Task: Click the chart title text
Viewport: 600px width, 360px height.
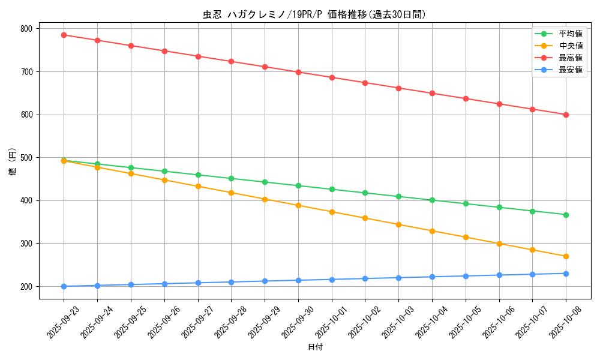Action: [314, 15]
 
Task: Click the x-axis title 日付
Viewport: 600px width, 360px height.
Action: [315, 347]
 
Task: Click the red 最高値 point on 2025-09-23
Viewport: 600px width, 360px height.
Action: [64, 35]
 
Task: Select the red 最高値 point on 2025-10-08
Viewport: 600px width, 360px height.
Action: [566, 115]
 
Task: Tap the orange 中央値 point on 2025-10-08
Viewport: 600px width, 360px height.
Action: [566, 257]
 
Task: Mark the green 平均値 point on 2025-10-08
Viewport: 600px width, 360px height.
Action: [566, 215]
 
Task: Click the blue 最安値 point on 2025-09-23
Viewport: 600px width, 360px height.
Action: [64, 286]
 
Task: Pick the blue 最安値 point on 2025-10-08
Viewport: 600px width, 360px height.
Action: [566, 274]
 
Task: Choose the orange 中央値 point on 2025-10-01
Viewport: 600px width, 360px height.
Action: [332, 212]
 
